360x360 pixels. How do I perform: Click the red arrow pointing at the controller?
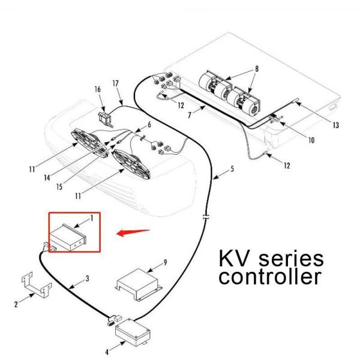133,232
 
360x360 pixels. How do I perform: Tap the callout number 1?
91,218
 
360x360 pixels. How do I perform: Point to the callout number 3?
87,279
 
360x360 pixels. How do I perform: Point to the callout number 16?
98,89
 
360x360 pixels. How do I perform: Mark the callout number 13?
336,125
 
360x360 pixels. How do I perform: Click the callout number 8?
256,68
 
